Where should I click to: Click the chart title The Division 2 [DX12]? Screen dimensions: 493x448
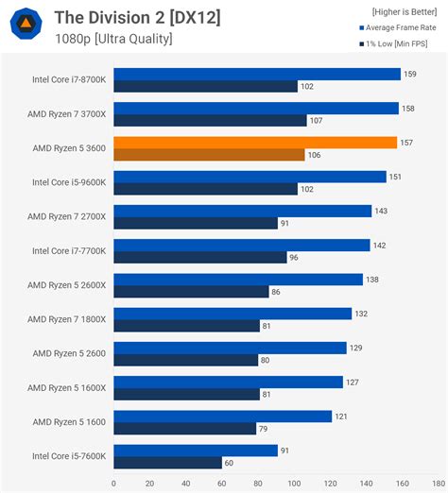(137, 17)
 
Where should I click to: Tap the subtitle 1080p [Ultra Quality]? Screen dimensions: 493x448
(113, 39)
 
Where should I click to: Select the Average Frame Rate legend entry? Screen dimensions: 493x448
(396, 27)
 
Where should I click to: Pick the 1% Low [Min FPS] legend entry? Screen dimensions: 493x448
(396, 43)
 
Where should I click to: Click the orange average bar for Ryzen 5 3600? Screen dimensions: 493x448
(255, 143)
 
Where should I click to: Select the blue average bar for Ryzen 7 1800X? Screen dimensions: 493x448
(233, 314)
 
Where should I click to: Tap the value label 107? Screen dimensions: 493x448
(317, 121)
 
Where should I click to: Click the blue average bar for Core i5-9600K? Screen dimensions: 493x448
(250, 177)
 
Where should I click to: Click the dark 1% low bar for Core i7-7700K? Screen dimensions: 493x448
(199, 257)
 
